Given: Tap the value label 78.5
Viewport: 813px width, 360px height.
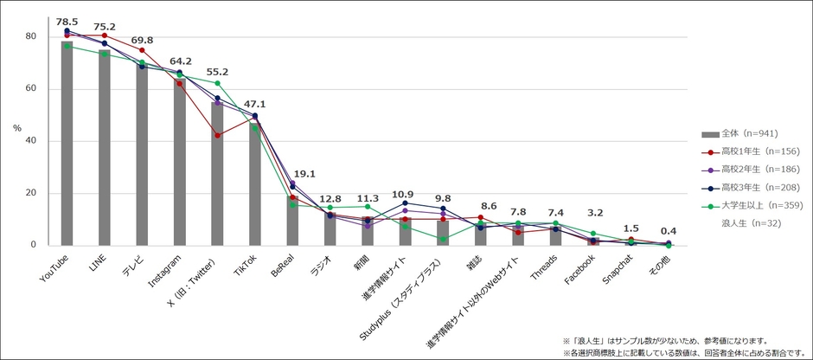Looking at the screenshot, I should coord(67,22).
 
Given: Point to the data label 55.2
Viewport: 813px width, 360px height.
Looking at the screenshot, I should coord(217,72).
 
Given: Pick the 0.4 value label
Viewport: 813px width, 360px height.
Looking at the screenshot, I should coord(669,230).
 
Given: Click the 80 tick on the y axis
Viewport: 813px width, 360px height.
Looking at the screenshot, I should coord(29,37).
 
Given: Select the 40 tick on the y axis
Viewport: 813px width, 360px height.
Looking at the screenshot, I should coord(29,141).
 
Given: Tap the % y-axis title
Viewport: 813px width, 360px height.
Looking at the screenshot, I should coord(17,128).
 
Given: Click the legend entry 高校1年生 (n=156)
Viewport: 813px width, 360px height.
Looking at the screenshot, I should coord(752,151).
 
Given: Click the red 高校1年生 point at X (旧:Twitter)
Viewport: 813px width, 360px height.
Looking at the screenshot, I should coord(217,135).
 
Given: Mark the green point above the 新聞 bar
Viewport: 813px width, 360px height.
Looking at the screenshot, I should coord(368,207).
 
